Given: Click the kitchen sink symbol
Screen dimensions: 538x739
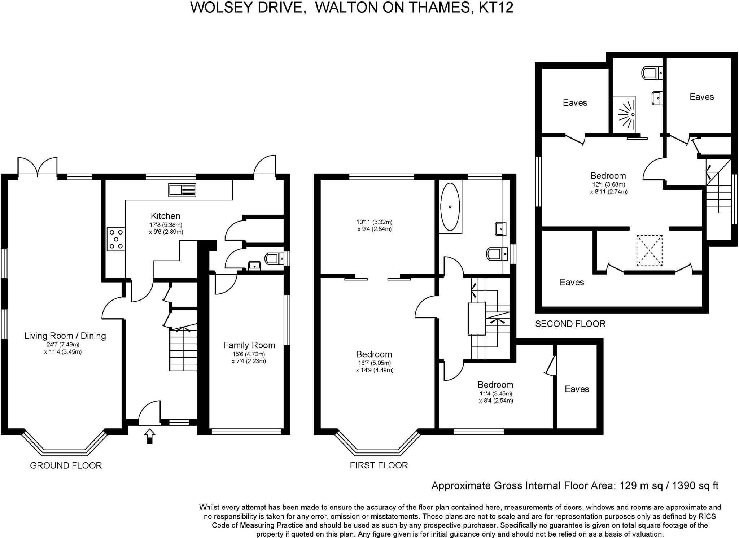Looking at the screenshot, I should point(182,190).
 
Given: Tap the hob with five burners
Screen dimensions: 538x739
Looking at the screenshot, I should point(116,239).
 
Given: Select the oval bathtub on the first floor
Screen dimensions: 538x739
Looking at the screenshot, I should point(450,207).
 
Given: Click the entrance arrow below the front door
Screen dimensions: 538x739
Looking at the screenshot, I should point(150,436).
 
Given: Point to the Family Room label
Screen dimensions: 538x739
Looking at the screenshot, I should point(249,345).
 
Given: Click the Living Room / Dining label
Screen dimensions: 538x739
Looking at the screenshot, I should point(65,336).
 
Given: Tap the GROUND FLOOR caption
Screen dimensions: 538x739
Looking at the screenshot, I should point(66,465).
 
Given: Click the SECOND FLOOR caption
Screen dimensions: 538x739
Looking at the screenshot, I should point(570,324).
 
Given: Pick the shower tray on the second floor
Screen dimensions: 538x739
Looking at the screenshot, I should point(624,114).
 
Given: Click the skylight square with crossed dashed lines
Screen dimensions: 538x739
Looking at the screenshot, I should point(649,250).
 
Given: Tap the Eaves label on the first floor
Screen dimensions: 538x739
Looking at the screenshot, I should point(577,389).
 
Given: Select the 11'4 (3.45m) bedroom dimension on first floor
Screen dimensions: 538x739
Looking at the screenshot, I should point(495,394).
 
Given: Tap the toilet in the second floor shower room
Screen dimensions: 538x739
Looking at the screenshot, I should point(652,73).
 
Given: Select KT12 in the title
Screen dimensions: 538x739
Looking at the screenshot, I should point(496,7).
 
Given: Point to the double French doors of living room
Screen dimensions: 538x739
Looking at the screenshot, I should point(38,167).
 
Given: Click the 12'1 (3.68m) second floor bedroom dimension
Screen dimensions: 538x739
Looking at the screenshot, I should point(608,184).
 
